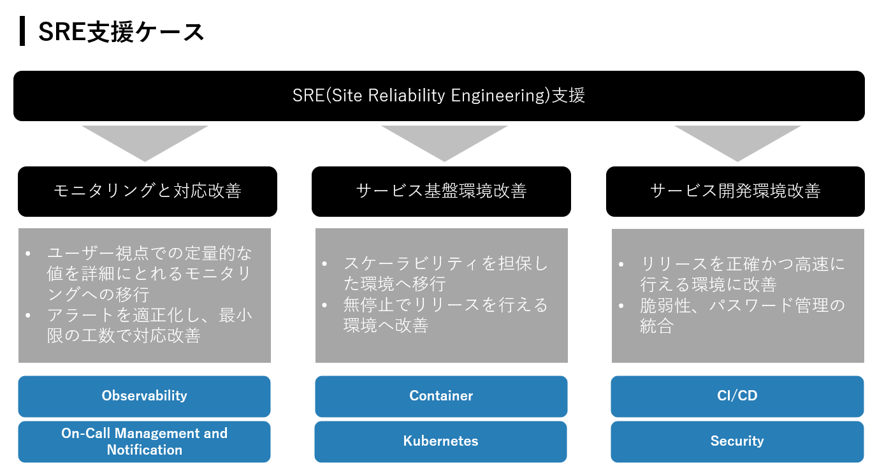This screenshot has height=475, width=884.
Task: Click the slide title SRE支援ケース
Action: (x=121, y=32)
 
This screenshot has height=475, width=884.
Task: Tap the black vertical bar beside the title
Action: (x=22, y=31)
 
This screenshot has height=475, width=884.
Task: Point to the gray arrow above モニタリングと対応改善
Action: (x=145, y=140)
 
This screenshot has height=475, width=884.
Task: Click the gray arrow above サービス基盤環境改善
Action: (x=444, y=140)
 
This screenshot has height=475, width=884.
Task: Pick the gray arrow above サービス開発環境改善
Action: (x=737, y=140)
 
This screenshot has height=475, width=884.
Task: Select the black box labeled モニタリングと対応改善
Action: (x=148, y=191)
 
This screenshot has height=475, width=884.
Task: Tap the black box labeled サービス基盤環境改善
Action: (x=441, y=191)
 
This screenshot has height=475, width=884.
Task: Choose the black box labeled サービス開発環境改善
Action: (x=735, y=191)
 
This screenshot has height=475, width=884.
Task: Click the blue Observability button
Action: (x=145, y=396)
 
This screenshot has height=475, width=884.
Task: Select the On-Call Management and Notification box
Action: (x=145, y=441)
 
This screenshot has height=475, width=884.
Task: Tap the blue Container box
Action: (x=441, y=396)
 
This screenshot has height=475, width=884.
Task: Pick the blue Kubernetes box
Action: (x=441, y=441)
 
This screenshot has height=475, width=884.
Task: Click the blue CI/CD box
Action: (x=737, y=396)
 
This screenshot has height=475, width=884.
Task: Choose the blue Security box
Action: (x=737, y=441)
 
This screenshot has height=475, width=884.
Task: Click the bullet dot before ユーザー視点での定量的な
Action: (x=28, y=254)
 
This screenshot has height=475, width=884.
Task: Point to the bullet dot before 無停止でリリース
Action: (x=325, y=305)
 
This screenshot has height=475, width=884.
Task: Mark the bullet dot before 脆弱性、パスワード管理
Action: (x=621, y=306)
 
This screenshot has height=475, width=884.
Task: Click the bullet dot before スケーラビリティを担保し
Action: (x=325, y=264)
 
